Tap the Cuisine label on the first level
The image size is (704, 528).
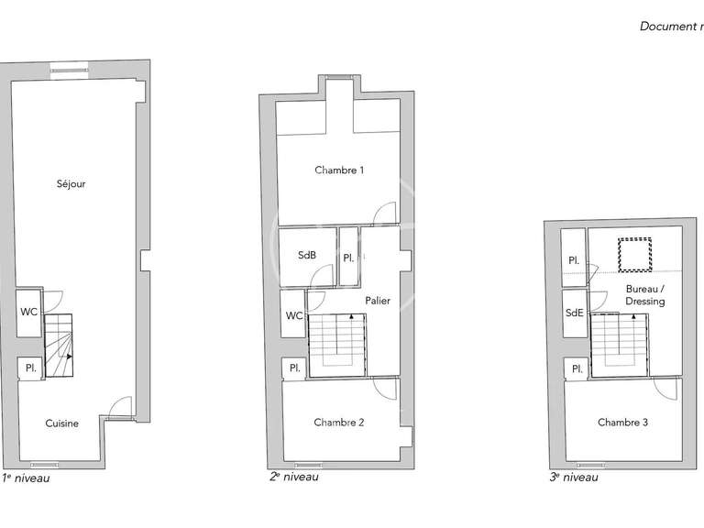coord(62,423)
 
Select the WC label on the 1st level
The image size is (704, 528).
coord(29,312)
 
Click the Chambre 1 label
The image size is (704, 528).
coord(339,170)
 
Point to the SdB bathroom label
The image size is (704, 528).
coord(307,255)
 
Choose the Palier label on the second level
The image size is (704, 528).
coord(378,300)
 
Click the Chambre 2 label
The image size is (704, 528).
coord(339,423)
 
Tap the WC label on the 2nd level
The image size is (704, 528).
coord(294,316)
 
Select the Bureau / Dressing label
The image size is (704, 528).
coord(645,295)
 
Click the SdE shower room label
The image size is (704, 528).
coord(575,313)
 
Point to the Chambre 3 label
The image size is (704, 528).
coord(622,423)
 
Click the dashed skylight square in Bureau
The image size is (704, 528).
coord(633,255)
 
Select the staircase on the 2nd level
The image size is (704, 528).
coord(336,345)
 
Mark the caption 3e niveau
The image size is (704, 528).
coord(574,478)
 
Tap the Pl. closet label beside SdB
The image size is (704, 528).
coord(348,258)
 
